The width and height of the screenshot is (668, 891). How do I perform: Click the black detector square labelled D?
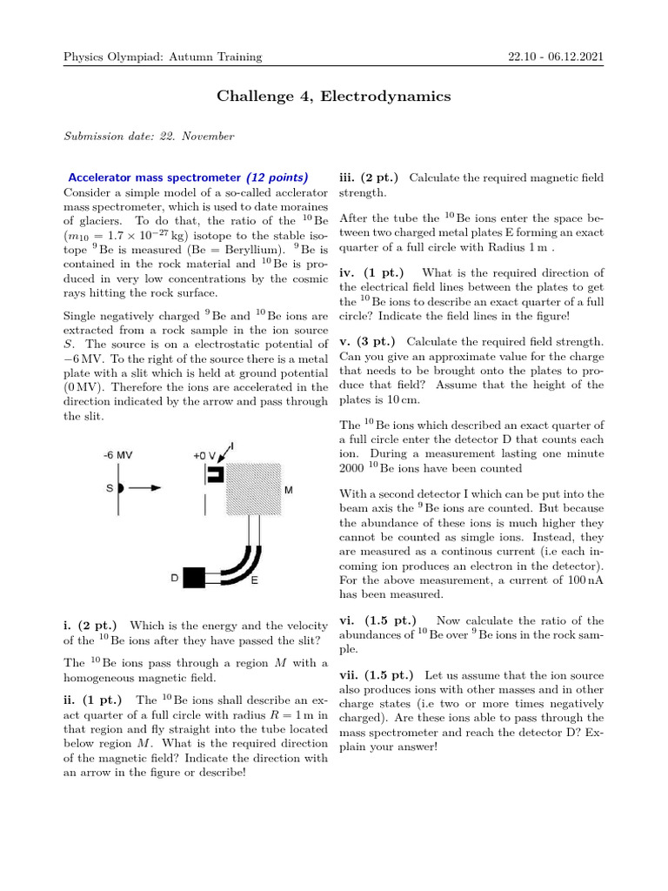tap(193, 576)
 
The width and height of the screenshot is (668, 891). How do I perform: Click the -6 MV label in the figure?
tap(118, 455)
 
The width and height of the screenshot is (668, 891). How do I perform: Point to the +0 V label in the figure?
tap(206, 455)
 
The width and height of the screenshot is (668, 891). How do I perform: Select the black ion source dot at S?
tap(121, 488)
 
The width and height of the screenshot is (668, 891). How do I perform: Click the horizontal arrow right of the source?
tap(144, 488)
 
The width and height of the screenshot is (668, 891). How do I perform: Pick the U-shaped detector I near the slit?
tap(215, 474)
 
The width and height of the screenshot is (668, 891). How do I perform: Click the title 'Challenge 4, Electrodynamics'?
tap(333, 97)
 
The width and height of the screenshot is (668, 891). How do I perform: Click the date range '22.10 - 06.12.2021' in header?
tap(556, 57)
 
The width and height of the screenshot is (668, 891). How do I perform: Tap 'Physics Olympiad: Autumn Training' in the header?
tap(163, 57)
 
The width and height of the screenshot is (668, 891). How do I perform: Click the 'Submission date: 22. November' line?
tap(149, 136)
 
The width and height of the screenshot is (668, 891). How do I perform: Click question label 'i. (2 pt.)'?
tap(93, 625)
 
